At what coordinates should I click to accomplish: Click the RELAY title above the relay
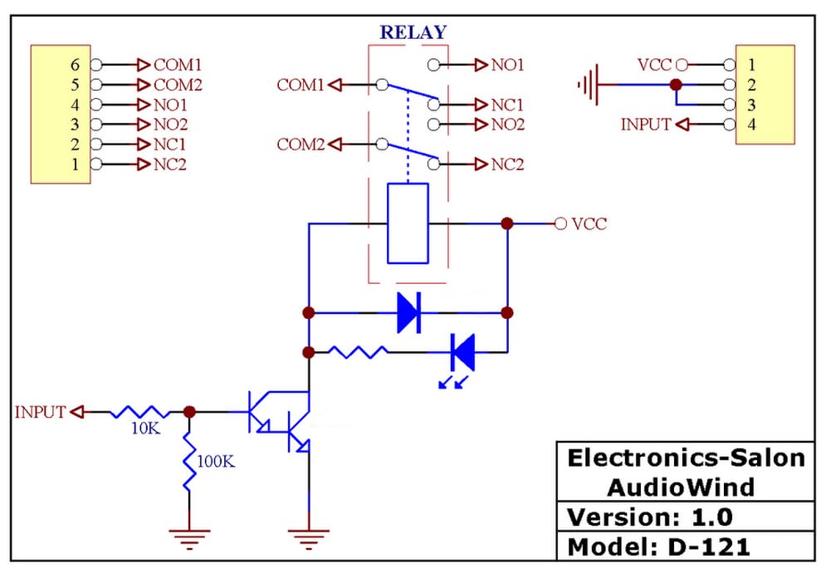click(x=413, y=33)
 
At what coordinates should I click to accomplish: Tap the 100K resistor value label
click(x=216, y=461)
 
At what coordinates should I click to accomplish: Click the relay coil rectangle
click(x=408, y=223)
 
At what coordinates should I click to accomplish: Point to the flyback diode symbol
click(x=408, y=313)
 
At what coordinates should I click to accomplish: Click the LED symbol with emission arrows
click(x=462, y=352)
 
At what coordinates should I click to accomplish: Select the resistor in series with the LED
click(x=358, y=352)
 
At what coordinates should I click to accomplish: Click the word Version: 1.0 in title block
click(x=649, y=517)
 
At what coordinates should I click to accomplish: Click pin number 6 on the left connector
click(x=74, y=64)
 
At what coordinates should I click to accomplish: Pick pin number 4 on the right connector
click(x=751, y=125)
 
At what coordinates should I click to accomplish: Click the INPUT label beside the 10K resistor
click(x=40, y=412)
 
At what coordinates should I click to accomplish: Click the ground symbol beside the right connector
click(x=588, y=85)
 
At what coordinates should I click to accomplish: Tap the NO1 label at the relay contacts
click(x=507, y=64)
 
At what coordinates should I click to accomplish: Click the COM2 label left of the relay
click(x=300, y=144)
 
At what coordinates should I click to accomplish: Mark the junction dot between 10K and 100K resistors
click(x=189, y=412)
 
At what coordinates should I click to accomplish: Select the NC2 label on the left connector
click(x=170, y=164)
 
